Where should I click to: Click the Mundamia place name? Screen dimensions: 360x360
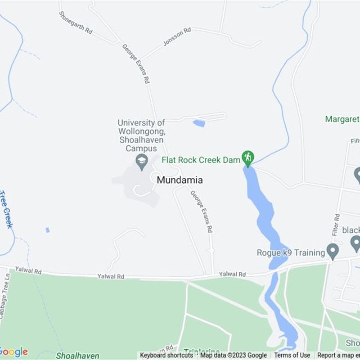pyautogui.click(x=180, y=180)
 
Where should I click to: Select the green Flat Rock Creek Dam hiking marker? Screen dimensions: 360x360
pyautogui.click(x=247, y=158)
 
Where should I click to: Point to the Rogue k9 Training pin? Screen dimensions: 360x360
pyautogui.click(x=333, y=251)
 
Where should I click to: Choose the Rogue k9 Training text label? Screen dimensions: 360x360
pyautogui.click(x=291, y=252)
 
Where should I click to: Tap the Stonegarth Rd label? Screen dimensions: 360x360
pyautogui.click(x=76, y=23)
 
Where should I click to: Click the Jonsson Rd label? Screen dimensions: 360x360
pyautogui.click(x=177, y=36)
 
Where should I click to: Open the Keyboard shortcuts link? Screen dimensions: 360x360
pyautogui.click(x=166, y=355)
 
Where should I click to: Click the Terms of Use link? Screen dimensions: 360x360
pyautogui.click(x=292, y=355)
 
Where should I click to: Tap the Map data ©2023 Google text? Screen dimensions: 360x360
pyautogui.click(x=234, y=355)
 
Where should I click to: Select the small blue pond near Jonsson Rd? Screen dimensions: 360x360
pyautogui.click(x=199, y=123)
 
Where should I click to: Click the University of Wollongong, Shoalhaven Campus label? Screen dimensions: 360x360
pyautogui.click(x=141, y=135)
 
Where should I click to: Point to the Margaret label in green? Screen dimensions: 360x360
pyautogui.click(x=342, y=119)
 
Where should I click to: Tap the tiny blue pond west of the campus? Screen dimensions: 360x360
pyautogui.click(x=47, y=230)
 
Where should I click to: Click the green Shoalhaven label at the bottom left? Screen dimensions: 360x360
pyautogui.click(x=77, y=356)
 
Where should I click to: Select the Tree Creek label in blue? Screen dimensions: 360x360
pyautogui.click(x=6, y=209)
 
